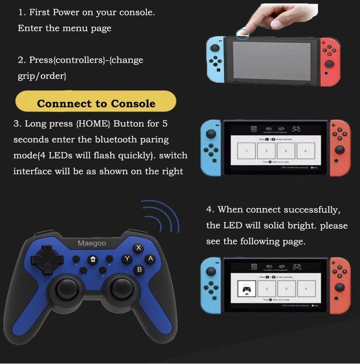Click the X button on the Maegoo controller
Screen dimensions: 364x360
(139, 248)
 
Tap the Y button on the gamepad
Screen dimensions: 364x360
(127, 259)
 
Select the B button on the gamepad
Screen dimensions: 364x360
(139, 270)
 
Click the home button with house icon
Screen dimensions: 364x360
(93, 259)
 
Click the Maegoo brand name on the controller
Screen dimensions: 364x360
(92, 244)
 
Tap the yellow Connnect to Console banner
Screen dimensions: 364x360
(96, 103)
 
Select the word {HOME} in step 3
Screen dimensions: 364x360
(93, 124)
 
